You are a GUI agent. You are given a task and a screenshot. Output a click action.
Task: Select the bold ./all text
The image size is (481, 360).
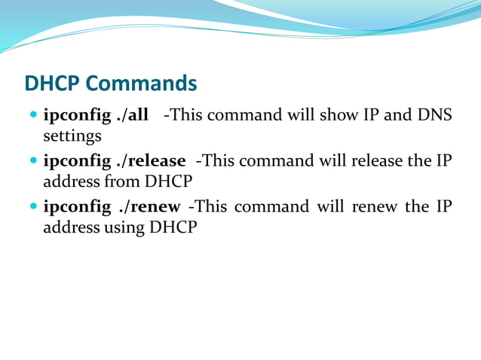(132, 116)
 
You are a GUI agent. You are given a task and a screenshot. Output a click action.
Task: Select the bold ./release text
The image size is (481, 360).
(151, 160)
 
